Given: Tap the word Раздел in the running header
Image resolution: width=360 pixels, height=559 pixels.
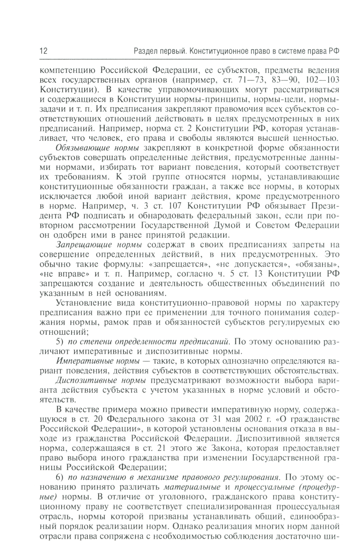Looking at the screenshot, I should point(145,51).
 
